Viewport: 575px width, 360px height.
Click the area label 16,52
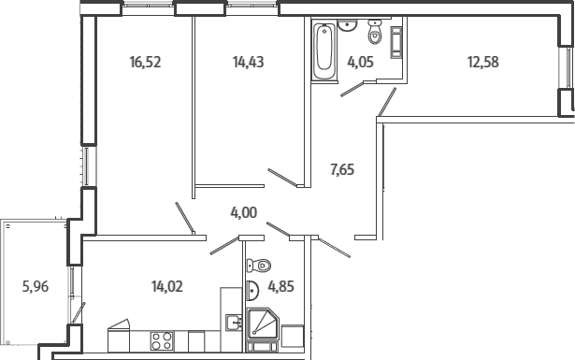point(145,62)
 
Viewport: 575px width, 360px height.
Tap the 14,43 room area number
point(249,62)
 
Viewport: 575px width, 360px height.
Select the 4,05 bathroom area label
point(361,62)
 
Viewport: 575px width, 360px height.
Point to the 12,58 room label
point(483,62)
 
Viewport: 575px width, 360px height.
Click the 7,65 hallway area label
point(342,170)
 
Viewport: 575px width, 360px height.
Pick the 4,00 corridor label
point(243,212)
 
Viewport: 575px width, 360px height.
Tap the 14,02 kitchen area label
point(166,286)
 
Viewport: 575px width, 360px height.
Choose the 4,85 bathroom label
point(280,286)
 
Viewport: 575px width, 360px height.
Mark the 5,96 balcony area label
point(36,286)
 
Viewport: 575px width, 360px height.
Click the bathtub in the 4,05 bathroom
point(324,50)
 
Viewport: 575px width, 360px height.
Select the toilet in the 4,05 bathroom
point(375,32)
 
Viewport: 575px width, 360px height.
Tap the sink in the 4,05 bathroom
point(347,25)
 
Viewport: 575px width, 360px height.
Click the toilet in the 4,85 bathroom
point(259,265)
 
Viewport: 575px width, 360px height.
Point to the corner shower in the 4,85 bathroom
point(263,323)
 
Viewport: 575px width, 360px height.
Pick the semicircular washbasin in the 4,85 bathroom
point(253,291)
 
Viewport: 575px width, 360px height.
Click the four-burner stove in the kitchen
point(162,340)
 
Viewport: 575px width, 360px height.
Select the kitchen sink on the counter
point(234,323)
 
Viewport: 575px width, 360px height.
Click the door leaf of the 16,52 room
point(185,218)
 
